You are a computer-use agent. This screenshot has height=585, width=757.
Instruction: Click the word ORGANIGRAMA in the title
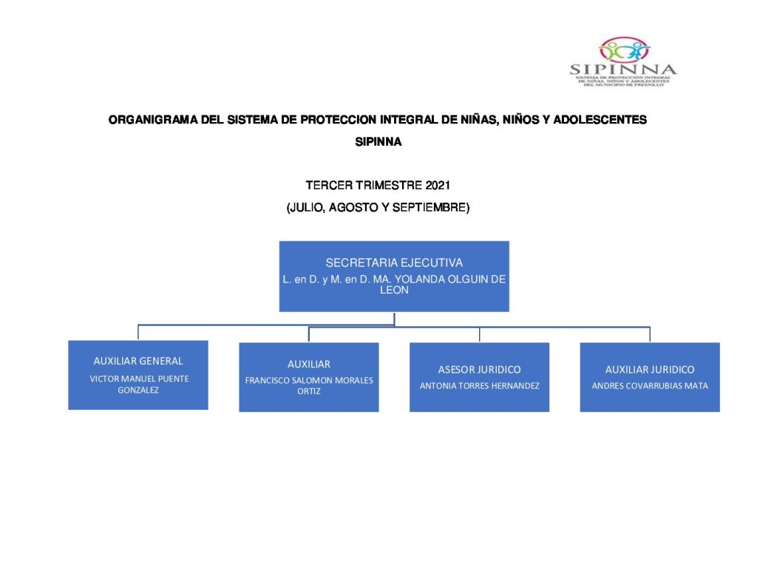pyautogui.click(x=146, y=119)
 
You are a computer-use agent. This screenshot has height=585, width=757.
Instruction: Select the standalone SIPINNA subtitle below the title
pyautogui.click(x=378, y=143)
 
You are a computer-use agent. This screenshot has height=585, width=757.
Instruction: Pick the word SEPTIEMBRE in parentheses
pyautogui.click(x=429, y=209)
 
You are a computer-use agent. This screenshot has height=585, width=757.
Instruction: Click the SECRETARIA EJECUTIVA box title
pyautogui.click(x=394, y=263)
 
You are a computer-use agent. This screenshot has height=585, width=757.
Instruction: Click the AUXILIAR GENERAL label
pyautogui.click(x=138, y=361)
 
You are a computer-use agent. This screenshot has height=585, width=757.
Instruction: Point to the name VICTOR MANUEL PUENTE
pyautogui.click(x=139, y=379)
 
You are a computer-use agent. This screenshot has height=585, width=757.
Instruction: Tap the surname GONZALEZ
pyautogui.click(x=138, y=390)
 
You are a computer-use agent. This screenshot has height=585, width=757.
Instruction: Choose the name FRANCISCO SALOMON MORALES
pyautogui.click(x=309, y=380)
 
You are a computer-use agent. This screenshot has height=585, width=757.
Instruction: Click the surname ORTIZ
pyautogui.click(x=309, y=391)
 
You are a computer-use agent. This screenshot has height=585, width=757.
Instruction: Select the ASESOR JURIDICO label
pyautogui.click(x=479, y=369)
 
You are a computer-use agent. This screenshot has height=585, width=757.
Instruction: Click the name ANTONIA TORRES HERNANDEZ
pyautogui.click(x=479, y=385)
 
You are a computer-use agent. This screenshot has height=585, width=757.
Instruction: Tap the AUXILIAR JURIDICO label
pyautogui.click(x=650, y=369)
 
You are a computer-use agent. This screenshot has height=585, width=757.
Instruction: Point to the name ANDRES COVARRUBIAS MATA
pyautogui.click(x=650, y=385)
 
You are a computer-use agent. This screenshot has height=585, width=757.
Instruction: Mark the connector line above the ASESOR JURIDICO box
pyautogui.click(x=479, y=334)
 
